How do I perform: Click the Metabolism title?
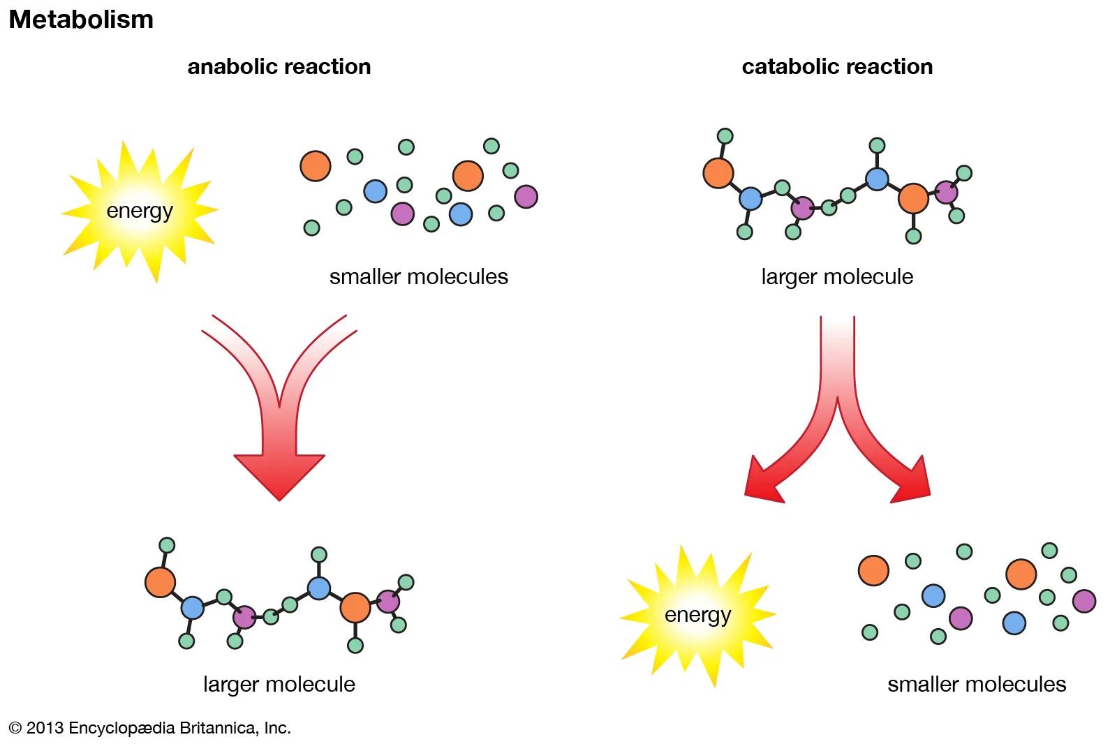(81, 20)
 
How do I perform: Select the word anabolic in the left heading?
(231, 67)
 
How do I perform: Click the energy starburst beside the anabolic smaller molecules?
(140, 210)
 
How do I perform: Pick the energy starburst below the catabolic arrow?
(697, 615)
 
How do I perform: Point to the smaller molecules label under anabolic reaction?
(418, 277)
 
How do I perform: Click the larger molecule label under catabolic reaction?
(837, 277)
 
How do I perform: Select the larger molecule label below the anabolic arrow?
(279, 684)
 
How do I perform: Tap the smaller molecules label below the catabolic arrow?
(977, 684)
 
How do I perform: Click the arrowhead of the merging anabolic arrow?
(279, 475)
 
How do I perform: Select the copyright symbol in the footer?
(15, 728)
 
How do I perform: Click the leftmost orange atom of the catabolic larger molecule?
(718, 173)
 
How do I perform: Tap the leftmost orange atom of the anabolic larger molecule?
(160, 582)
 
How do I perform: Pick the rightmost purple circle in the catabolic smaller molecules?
(1083, 600)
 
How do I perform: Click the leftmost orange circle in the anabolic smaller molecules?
(315, 166)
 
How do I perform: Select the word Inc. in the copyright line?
(277, 728)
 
